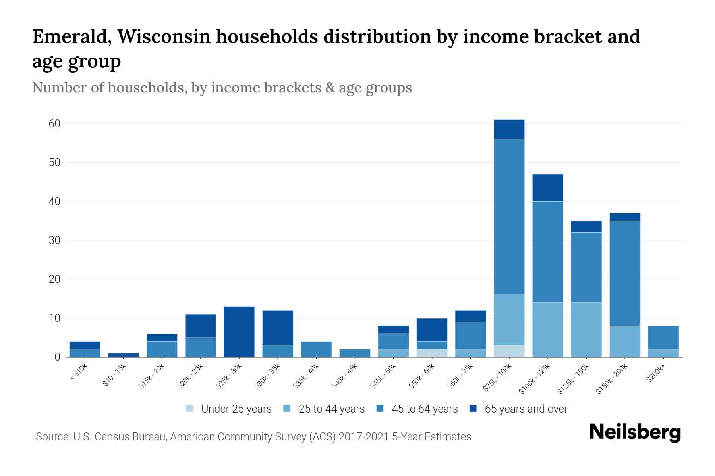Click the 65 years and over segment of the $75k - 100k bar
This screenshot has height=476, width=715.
coord(509,129)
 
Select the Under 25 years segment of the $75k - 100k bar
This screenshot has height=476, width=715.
coord(509,351)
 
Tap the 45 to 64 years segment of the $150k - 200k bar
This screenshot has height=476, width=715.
coord(625,273)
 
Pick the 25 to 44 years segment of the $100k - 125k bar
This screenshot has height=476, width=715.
coord(547,330)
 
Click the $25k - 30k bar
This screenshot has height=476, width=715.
coord(239,332)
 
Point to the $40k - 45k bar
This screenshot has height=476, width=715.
coord(355,353)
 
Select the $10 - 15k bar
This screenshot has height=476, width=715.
coord(123,355)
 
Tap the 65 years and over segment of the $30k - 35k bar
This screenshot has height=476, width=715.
coord(278,328)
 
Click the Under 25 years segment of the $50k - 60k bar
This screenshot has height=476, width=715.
coord(432,353)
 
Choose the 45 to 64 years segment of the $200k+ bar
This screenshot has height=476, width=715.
coord(663,338)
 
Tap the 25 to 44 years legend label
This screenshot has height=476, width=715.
coord(331,409)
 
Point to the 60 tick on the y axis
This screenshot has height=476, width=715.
coord(54,124)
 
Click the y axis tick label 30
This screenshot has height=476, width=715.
coord(54,240)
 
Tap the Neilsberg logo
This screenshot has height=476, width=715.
coord(635,432)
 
